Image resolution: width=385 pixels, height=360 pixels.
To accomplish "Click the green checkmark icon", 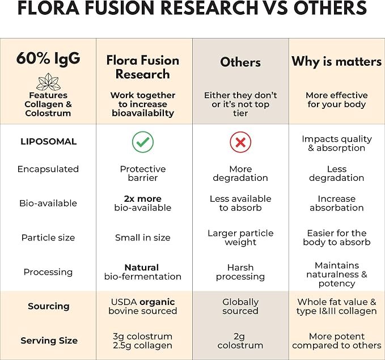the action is (143, 142).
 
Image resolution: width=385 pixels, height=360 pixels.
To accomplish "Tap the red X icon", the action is (240, 142).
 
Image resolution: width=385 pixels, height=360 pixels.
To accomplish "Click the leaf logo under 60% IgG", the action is (48, 82).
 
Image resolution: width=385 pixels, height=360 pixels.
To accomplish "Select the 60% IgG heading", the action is (48, 58).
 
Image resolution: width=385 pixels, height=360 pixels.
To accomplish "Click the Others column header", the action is (240, 62).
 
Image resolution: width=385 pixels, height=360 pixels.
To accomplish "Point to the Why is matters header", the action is (337, 61).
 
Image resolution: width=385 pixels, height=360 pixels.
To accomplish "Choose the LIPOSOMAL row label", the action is (48, 141).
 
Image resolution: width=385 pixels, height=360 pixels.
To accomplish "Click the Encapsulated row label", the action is (48, 169).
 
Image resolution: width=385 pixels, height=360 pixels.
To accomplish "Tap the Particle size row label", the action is (48, 238).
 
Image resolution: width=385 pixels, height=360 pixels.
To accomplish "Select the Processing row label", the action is (48, 272).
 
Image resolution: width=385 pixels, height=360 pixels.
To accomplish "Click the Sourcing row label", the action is (48, 306).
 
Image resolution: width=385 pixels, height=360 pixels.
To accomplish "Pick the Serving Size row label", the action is (49, 340).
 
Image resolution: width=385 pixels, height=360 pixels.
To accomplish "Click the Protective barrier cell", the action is (143, 173).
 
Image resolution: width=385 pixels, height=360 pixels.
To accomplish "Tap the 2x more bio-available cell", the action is (143, 204).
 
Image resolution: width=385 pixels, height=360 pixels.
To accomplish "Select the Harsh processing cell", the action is (240, 272).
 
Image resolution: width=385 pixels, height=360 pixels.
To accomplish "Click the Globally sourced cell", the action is (240, 306).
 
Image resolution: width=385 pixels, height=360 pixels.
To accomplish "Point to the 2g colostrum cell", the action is (240, 341).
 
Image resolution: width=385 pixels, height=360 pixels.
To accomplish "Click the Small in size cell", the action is (143, 238).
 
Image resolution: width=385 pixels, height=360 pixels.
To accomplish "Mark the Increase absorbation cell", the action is (337, 204).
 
